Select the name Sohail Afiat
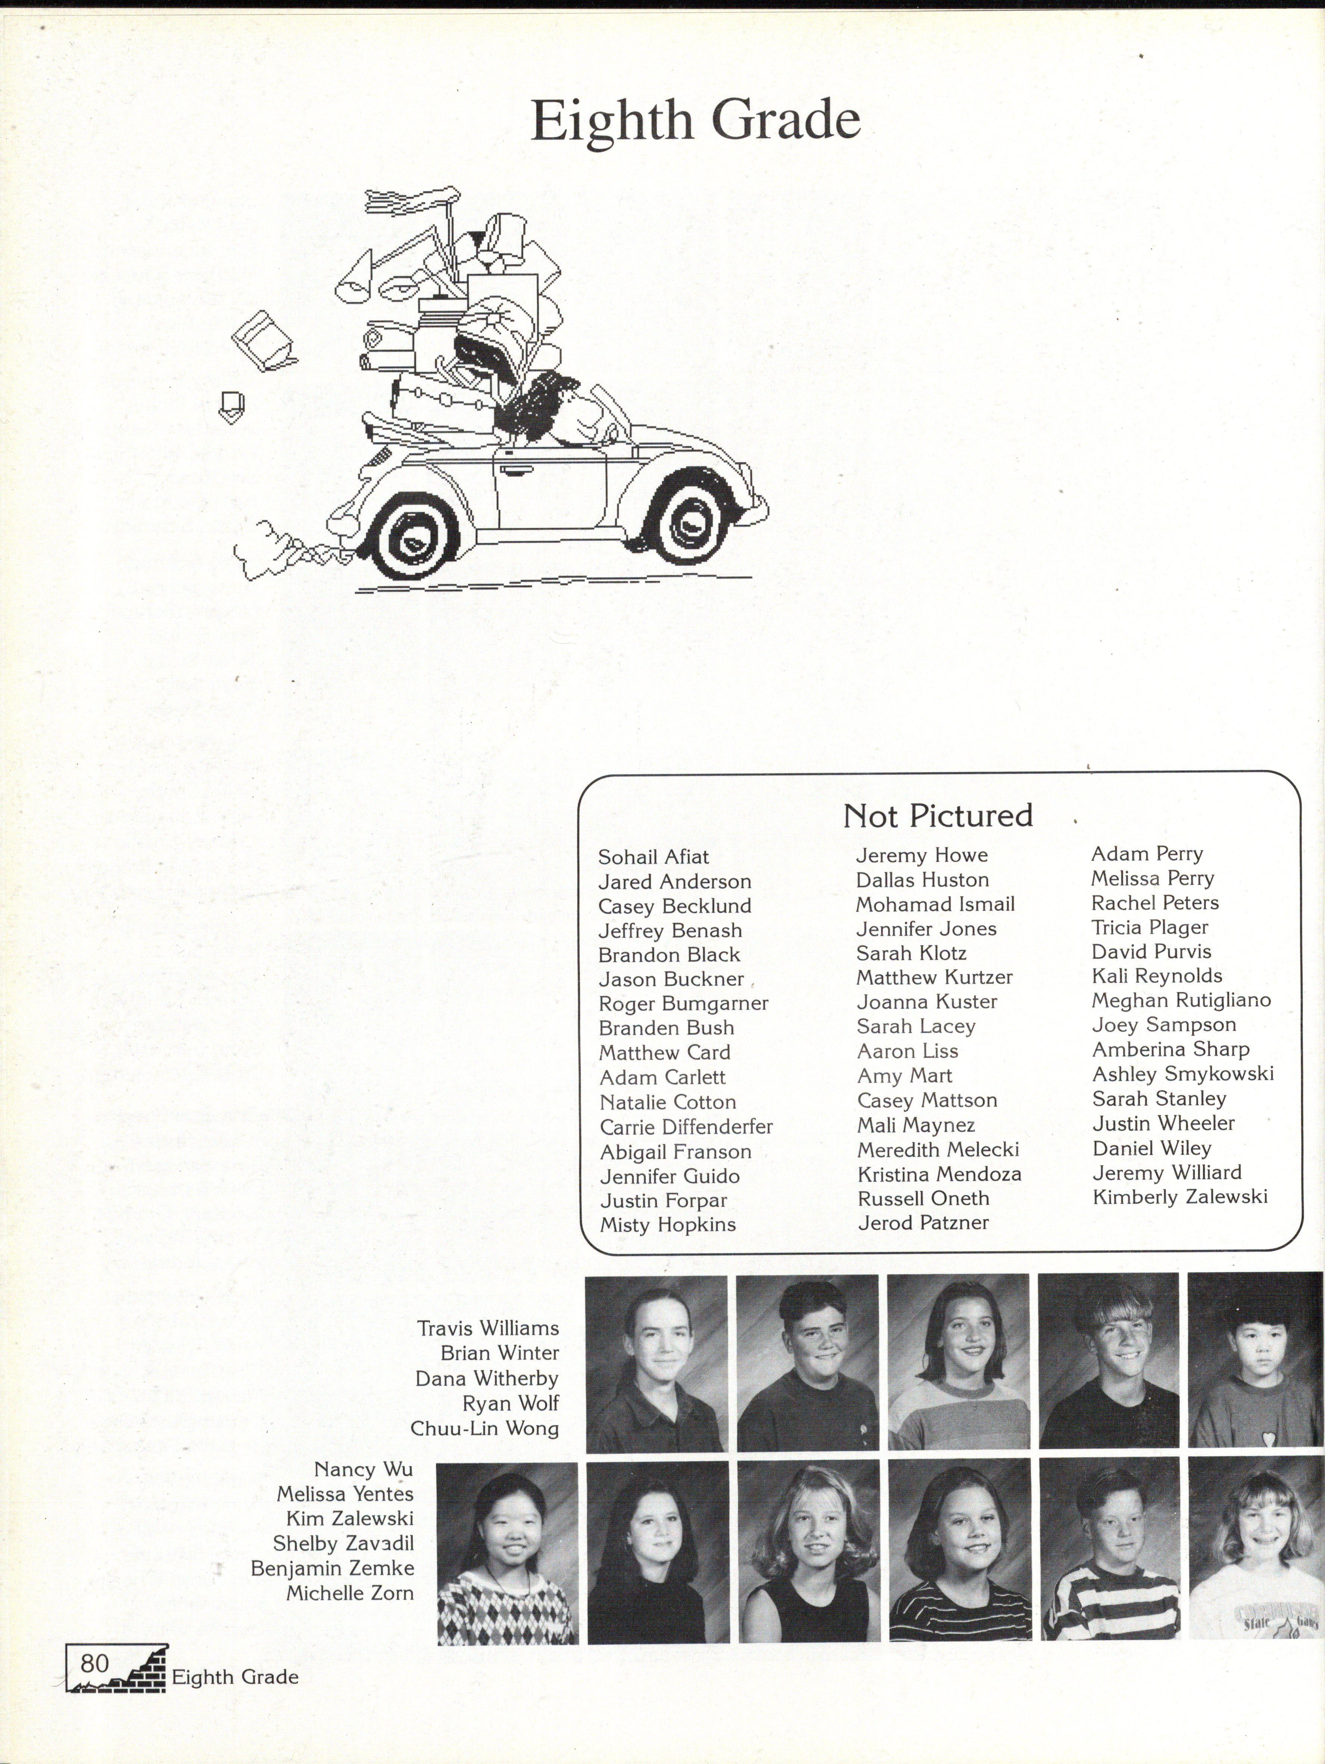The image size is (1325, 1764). (653, 857)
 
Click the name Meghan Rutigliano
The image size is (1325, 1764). (1181, 1000)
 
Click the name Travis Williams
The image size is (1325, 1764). (488, 1328)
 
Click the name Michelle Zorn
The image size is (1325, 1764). (350, 1593)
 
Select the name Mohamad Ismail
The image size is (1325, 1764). (934, 904)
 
